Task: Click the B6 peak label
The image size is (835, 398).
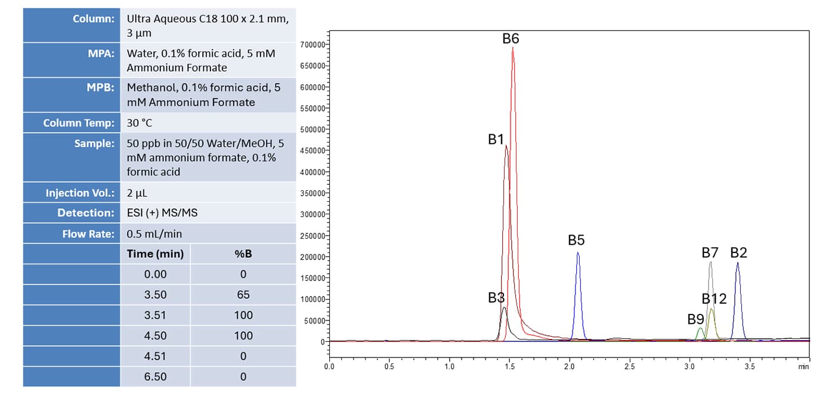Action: pos(511,39)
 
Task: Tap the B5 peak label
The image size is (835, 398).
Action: pos(576,240)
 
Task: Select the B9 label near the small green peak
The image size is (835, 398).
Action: pos(695,319)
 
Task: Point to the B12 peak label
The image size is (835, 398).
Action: pos(714,299)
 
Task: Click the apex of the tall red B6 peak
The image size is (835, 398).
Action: pos(513,48)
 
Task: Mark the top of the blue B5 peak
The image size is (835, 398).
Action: pos(577,253)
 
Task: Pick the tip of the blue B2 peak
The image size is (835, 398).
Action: pos(738,263)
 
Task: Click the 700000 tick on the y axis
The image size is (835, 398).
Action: pos(313,45)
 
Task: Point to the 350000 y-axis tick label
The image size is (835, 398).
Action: pos(313,193)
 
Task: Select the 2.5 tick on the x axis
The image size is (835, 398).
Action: pos(630,366)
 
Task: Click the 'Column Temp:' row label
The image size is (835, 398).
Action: pos(79,123)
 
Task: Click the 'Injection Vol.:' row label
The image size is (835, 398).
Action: pos(80,193)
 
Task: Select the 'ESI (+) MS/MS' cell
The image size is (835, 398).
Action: pos(162,213)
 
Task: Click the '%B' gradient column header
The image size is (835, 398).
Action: pos(243,254)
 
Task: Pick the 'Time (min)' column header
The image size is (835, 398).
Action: pos(155,254)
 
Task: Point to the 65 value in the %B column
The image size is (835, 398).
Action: pos(243,295)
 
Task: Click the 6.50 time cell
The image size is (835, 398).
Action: pos(155,377)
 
